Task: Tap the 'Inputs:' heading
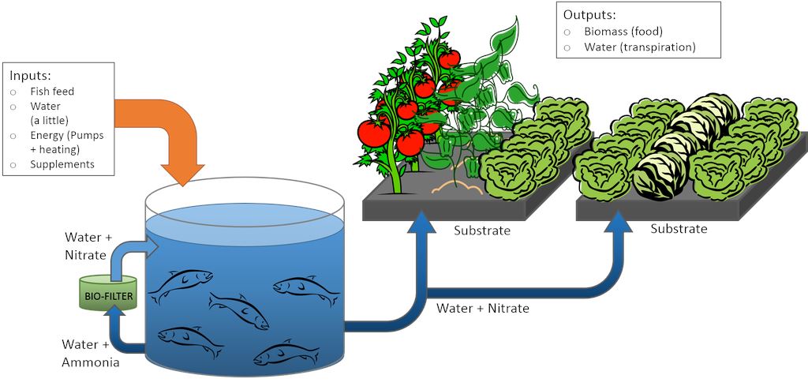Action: pos(31,76)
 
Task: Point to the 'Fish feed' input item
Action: pos(52,92)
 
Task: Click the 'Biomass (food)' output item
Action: pos(623,32)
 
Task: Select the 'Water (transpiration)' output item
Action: pos(639,47)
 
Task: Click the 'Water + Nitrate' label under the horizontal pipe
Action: pos(483,308)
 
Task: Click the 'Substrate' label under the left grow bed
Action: pos(481,231)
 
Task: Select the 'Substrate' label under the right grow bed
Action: pos(679,229)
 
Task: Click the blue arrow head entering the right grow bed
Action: pos(618,227)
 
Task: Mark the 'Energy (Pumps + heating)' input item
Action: pos(66,142)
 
